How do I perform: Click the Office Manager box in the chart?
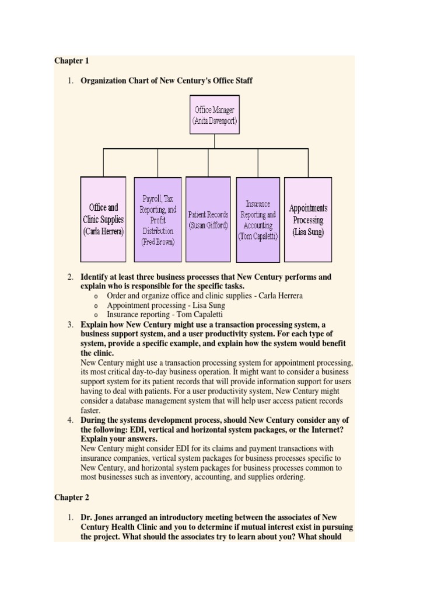(x=214, y=116)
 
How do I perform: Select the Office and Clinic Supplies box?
(x=103, y=220)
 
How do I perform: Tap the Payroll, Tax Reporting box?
(x=157, y=220)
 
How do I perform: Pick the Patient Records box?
(x=208, y=220)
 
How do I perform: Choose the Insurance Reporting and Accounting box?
(x=258, y=220)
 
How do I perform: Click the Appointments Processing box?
(x=308, y=220)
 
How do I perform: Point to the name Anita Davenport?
(x=214, y=121)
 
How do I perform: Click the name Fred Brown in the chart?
(x=157, y=242)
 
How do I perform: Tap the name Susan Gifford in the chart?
(x=208, y=225)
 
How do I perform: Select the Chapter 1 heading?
(x=71, y=61)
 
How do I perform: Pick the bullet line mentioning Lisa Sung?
(x=166, y=305)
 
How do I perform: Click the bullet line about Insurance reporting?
(x=164, y=314)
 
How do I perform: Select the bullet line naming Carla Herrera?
(x=205, y=295)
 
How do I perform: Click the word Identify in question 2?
(x=93, y=277)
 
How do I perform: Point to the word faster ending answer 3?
(x=90, y=410)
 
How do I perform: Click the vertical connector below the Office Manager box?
(x=214, y=141)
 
